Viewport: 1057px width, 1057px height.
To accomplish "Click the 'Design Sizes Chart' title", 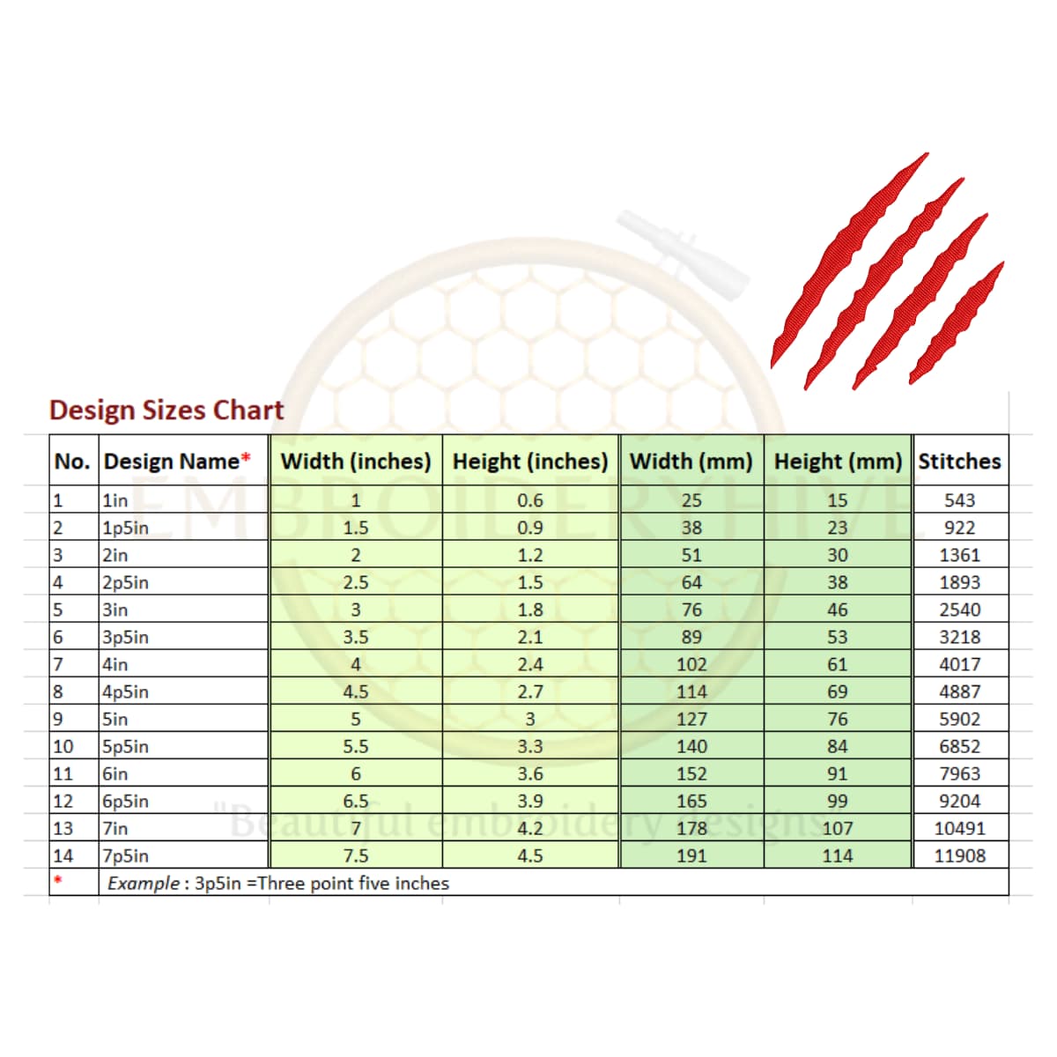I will (166, 410).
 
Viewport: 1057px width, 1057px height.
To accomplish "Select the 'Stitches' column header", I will (959, 462).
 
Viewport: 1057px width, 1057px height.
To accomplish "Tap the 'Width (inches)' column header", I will (356, 462).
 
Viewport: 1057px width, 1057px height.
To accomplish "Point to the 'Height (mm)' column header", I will (838, 462).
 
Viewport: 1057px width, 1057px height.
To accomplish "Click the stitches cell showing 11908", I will (959, 855).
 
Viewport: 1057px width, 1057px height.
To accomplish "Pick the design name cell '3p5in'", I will (126, 637).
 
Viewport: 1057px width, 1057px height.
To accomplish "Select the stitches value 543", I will (959, 500).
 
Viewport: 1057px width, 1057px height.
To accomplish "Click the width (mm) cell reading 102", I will (691, 664).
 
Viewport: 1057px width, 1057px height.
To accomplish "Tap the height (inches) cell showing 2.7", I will (530, 691).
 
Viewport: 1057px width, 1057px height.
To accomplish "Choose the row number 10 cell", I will (63, 746).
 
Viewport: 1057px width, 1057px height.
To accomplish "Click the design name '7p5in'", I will (126, 855).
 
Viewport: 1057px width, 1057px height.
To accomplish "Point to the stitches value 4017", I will (959, 664).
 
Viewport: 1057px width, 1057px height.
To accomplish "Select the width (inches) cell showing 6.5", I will (356, 801).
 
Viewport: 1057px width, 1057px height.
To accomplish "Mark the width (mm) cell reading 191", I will (691, 855).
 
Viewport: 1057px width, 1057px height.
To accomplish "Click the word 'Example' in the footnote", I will (143, 883).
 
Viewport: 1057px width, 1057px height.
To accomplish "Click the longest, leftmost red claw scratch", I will (846, 264).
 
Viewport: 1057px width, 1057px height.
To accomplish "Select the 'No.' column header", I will (72, 462).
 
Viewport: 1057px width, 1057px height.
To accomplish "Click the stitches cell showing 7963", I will (959, 773).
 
